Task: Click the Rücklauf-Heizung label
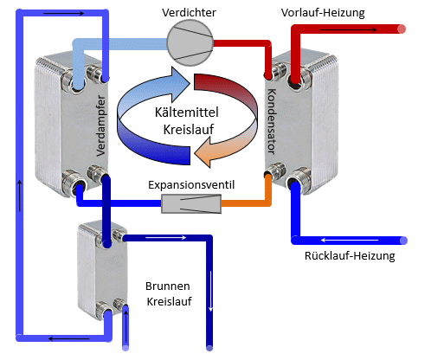(x=350, y=257)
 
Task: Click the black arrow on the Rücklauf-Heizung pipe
(x=338, y=240)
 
